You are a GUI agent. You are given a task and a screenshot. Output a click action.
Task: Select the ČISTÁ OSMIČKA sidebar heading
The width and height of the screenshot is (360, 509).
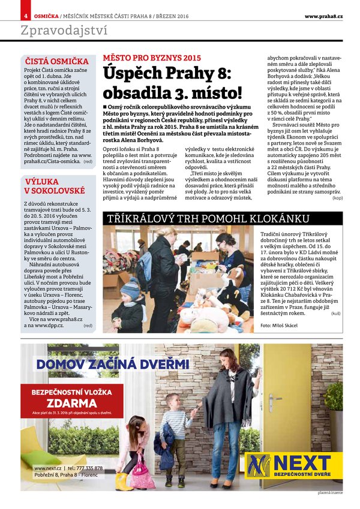pos(56,61)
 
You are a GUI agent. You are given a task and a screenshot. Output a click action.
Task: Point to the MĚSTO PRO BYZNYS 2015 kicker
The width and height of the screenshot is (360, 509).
pos(152,58)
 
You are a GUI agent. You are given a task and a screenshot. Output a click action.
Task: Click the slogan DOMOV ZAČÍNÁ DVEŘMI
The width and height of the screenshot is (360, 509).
pos(113,363)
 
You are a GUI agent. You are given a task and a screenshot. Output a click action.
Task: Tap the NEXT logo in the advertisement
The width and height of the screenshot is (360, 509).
pos(294,465)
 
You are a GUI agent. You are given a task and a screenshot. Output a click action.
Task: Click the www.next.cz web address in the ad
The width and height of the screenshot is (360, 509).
pos(48,468)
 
